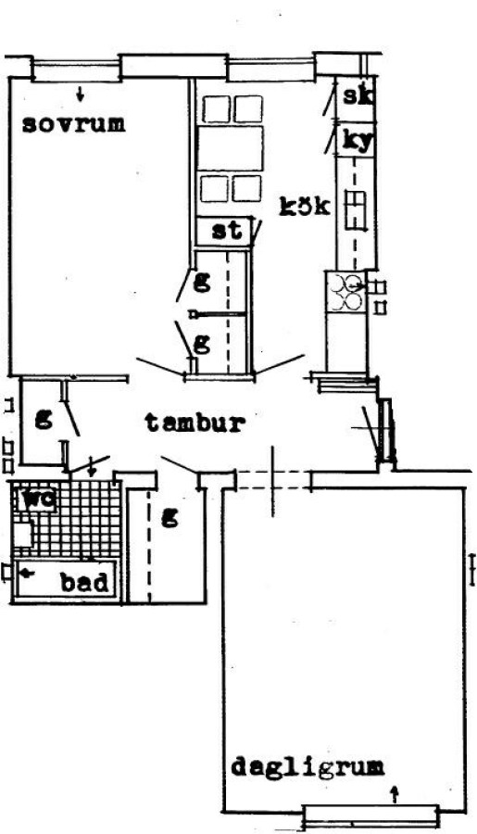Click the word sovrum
coord(73,124)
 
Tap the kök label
coord(306,207)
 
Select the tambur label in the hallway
coord(195,423)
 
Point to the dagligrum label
coord(308,767)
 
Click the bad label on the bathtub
coord(85,583)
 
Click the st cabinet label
coord(227,232)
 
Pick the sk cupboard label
coord(358,96)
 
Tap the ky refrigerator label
coord(358,142)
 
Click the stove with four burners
coord(345,293)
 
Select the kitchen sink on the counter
coord(357,211)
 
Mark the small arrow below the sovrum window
coord(81,95)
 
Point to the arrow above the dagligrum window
coord(394,795)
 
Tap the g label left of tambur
coord(44,420)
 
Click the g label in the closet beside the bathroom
coord(169,516)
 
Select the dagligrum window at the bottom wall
coord(370,815)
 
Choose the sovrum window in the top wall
coord(75,70)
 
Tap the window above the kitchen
coord(271,70)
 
